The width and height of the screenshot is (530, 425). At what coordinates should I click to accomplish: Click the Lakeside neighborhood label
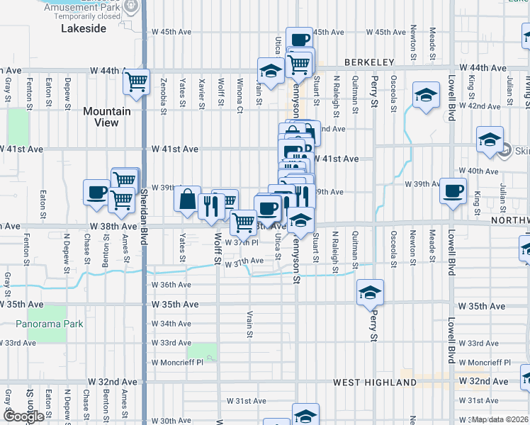(84, 28)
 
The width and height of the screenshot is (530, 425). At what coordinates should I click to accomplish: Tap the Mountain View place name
(107, 117)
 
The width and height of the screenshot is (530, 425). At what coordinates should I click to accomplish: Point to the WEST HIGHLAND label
(375, 382)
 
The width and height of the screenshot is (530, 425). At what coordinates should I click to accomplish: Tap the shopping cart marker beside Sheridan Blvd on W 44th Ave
(136, 81)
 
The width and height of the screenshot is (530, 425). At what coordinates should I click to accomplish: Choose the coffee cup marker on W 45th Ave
(299, 39)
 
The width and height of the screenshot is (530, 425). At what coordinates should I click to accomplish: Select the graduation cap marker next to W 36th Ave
(370, 292)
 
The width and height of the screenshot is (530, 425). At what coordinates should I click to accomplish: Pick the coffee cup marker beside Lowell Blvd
(453, 191)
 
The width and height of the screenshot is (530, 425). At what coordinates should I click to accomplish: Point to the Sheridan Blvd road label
(144, 205)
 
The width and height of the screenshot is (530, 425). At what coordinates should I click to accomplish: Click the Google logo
(23, 416)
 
